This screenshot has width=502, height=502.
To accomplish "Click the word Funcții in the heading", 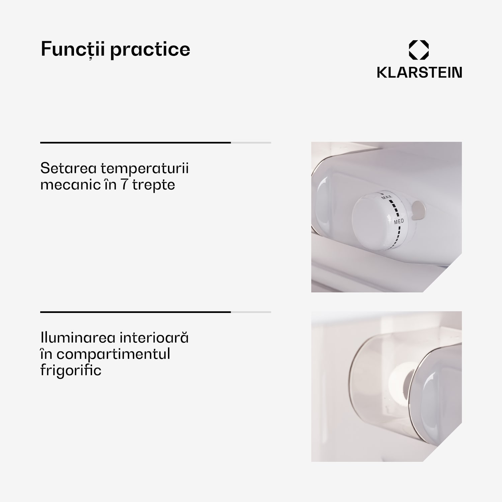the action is coord(73,50).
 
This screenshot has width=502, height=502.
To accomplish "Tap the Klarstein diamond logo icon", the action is coord(419,50).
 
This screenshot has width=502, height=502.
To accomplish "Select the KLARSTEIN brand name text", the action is coord(419,72).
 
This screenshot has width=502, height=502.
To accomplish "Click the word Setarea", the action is coord(69,168).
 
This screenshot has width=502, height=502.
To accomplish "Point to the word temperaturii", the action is coord(145,169).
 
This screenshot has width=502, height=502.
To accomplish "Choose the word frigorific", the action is coord(71,370).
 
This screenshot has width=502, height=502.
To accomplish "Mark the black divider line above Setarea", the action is coord(136,143).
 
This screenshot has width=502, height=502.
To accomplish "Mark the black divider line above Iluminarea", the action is coord(136,312).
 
